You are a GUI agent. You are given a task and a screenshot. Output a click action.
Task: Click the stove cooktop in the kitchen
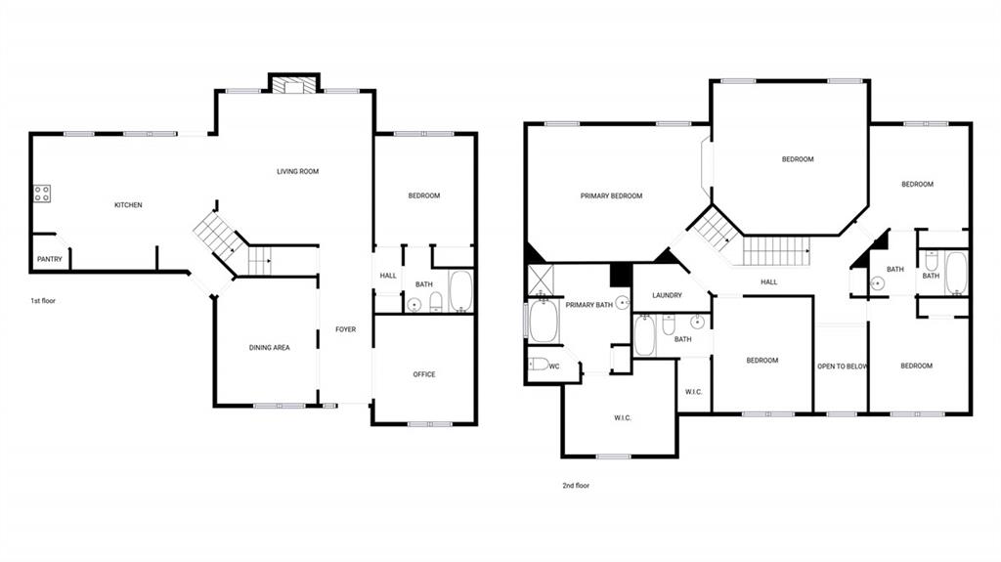coord(42,194)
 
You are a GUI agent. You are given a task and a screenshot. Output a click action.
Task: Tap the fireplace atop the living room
coord(293,84)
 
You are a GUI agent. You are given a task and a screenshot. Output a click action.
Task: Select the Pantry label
coord(50,259)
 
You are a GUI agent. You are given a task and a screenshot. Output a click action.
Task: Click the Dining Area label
coord(270,347)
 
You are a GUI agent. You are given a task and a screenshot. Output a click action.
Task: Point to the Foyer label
coord(346,329)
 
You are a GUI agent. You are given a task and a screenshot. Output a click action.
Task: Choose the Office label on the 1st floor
coord(424,374)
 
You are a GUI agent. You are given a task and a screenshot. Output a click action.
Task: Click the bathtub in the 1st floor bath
coord(461,291)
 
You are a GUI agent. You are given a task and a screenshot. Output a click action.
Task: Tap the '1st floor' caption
coord(43,300)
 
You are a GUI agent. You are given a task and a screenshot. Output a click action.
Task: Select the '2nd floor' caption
coord(576,486)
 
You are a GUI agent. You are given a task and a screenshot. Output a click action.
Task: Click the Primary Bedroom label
coord(612,196)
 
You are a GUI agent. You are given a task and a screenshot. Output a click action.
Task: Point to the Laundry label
coord(667,295)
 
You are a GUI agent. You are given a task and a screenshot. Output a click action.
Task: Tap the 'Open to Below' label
coord(843,367)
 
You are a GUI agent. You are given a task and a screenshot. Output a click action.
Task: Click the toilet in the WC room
coord(539,365)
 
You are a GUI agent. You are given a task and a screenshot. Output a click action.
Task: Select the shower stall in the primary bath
coord(541,280)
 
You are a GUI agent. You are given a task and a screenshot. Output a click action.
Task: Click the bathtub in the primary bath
coord(544,321)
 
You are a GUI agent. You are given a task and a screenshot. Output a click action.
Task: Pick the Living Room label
coord(297,171)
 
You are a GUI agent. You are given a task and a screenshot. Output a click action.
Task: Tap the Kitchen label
coord(128,205)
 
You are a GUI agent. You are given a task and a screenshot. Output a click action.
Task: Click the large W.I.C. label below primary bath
coord(623,417)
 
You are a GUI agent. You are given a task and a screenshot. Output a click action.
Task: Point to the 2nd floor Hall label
coord(769,281)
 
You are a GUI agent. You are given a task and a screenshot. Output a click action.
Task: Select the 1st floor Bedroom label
coord(424,195)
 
